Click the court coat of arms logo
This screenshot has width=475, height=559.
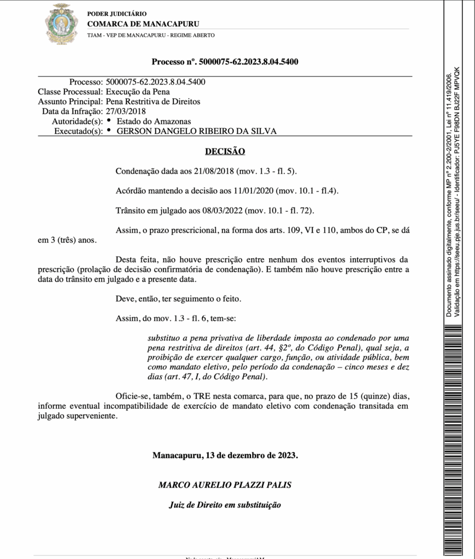pos(61,24)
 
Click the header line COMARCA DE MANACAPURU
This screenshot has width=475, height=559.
pos(143,24)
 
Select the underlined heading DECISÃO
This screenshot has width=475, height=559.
pos(225,151)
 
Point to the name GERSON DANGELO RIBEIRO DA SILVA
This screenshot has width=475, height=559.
pos(197,131)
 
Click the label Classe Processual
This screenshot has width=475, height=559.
pos(70,92)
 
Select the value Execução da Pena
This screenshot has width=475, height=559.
pos(138,92)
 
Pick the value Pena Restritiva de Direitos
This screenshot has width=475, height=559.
pos(153,102)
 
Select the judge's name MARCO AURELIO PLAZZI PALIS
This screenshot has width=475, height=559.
pos(225,484)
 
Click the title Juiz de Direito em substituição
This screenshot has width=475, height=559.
pos(225,505)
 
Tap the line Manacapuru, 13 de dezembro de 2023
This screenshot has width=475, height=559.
pos(225,455)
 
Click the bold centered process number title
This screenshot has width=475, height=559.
pos(225,62)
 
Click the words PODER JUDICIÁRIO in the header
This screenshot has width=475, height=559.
pos(117,14)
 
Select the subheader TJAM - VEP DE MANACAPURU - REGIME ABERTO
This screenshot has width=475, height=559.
pos(151,35)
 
